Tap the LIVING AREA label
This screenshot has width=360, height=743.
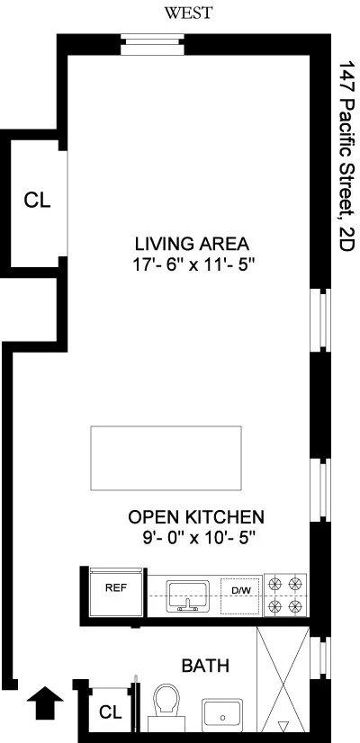[x=192, y=244]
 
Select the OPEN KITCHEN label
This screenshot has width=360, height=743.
[x=196, y=517]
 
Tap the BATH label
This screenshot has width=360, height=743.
[x=205, y=667]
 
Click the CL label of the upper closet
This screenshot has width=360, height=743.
[x=38, y=201]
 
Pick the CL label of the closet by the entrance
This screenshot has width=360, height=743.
[x=110, y=712]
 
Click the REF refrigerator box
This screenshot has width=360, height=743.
[x=115, y=590]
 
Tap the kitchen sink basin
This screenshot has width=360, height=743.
[x=188, y=594]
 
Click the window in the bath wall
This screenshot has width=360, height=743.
[x=317, y=666]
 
